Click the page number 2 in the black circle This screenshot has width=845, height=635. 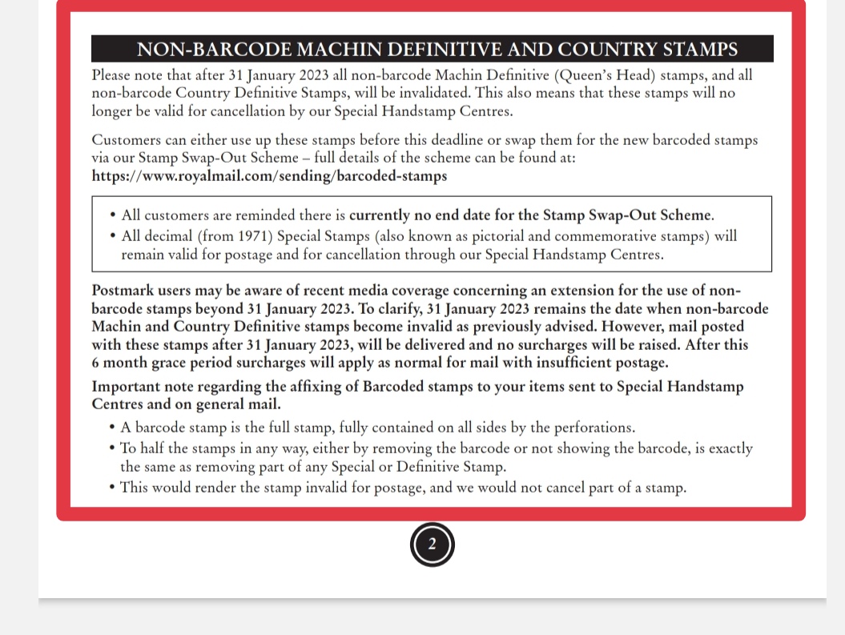(x=433, y=545)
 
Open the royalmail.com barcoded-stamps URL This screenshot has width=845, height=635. (x=269, y=175)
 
